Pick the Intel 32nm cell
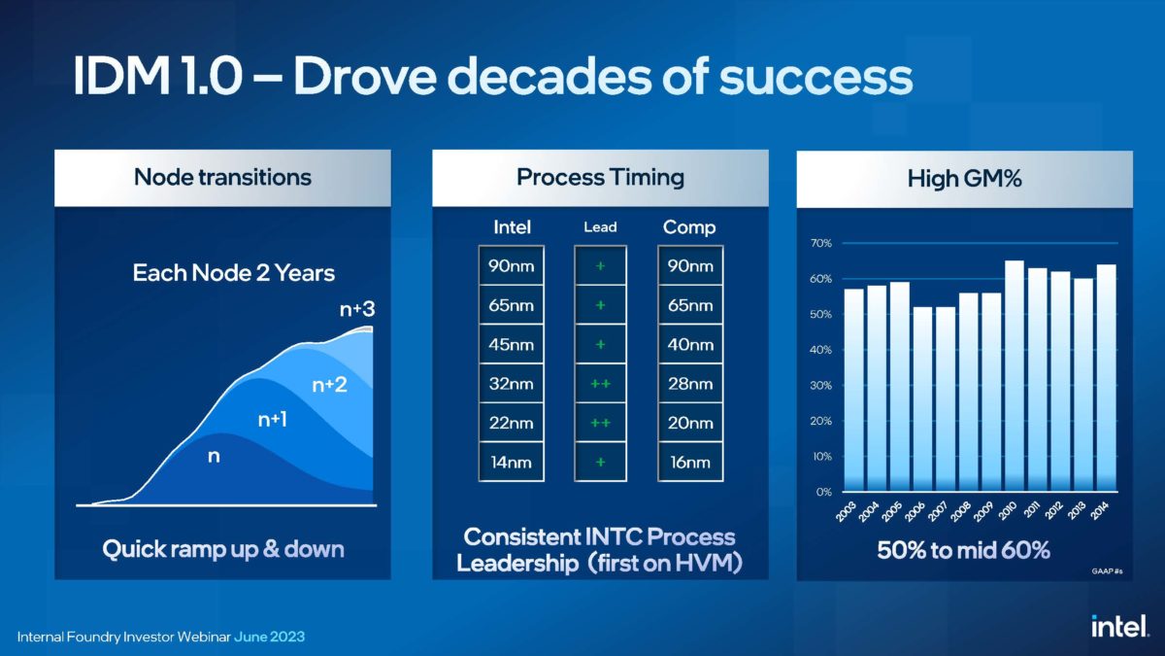click(x=511, y=384)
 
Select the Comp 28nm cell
click(x=689, y=384)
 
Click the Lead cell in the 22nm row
click(x=600, y=423)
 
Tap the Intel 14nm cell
click(x=511, y=462)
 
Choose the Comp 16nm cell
click(x=689, y=462)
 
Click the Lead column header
click(x=600, y=227)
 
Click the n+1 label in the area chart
click(x=272, y=420)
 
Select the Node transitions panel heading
click(x=222, y=177)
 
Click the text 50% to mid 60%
click(x=963, y=550)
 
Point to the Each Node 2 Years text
click(x=233, y=272)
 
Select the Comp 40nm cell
click(x=689, y=345)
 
